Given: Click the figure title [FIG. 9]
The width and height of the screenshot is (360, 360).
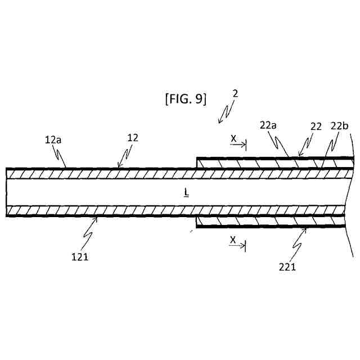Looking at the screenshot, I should pos(186,100).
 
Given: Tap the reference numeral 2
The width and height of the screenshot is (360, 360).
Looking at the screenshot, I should pos(235,93).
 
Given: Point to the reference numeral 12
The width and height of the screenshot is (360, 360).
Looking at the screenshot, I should pos(133,137).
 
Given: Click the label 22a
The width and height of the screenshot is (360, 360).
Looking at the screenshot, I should pos(268,125).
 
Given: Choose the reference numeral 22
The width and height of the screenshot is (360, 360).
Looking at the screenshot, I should pos(316,127).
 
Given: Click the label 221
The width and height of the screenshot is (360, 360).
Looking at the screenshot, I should pos(287,267).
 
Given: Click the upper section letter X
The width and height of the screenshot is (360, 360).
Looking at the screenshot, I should pos(233,137).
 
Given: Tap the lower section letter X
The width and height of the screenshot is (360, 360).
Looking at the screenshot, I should pos(233,240).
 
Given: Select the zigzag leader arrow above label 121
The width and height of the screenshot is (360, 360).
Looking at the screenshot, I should pos(90,228).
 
